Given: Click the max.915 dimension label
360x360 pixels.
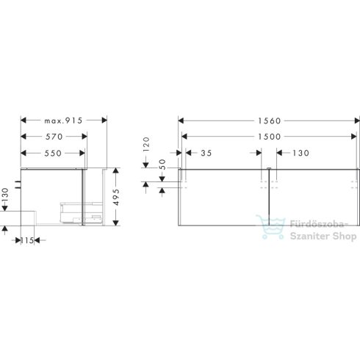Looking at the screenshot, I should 64,120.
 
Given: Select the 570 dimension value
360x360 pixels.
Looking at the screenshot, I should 53,136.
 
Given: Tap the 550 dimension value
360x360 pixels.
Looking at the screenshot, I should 53,153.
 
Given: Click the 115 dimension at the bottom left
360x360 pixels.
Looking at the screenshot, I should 28,240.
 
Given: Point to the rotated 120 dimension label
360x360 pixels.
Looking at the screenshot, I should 146,143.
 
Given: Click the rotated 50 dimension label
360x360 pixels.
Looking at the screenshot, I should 146,174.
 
